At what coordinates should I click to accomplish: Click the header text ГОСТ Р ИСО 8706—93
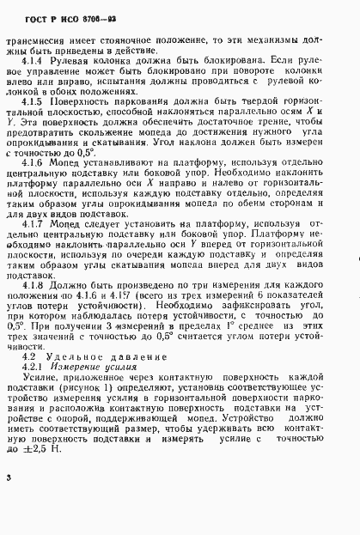pyautogui.click(x=61, y=16)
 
